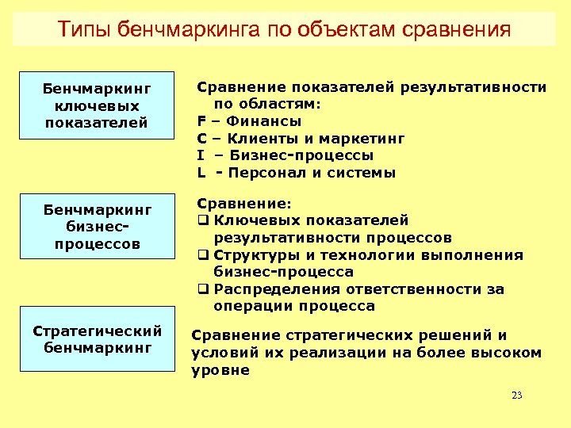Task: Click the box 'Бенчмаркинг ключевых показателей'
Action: pyautogui.click(x=97, y=105)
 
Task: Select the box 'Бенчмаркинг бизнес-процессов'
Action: pyautogui.click(x=97, y=227)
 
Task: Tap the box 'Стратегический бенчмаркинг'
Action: pyautogui.click(x=97, y=338)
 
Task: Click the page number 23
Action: pyautogui.click(x=517, y=396)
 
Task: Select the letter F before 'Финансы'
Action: pyautogui.click(x=201, y=121)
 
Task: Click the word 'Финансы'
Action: pyautogui.click(x=263, y=121)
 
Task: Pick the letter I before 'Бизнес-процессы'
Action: pyautogui.click(x=201, y=155)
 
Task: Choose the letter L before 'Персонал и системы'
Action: pyautogui.click(x=201, y=173)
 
